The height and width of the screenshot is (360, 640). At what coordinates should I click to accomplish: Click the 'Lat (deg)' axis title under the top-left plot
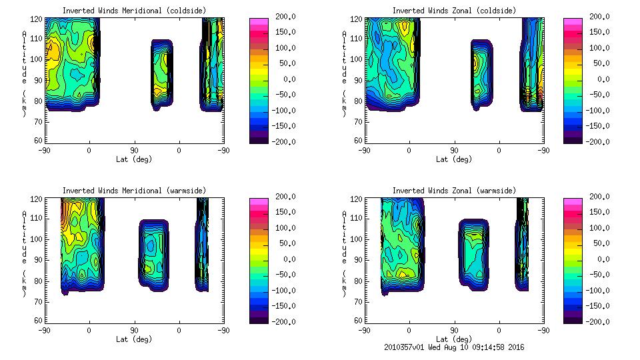[133, 159]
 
